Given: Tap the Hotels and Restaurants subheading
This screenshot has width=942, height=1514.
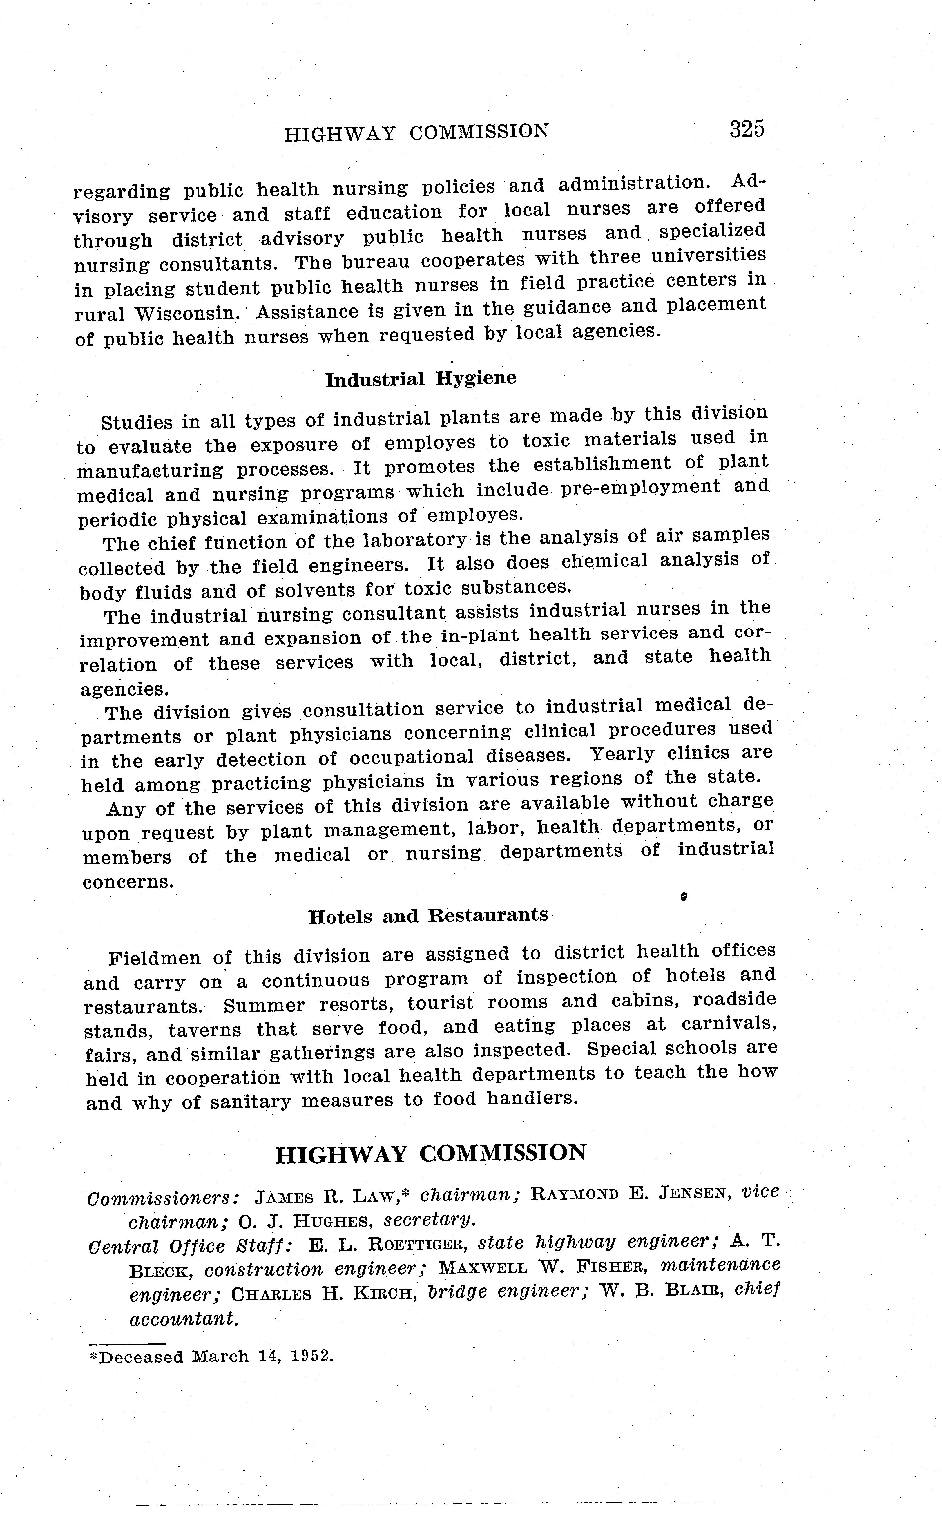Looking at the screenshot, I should [x=428, y=916].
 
